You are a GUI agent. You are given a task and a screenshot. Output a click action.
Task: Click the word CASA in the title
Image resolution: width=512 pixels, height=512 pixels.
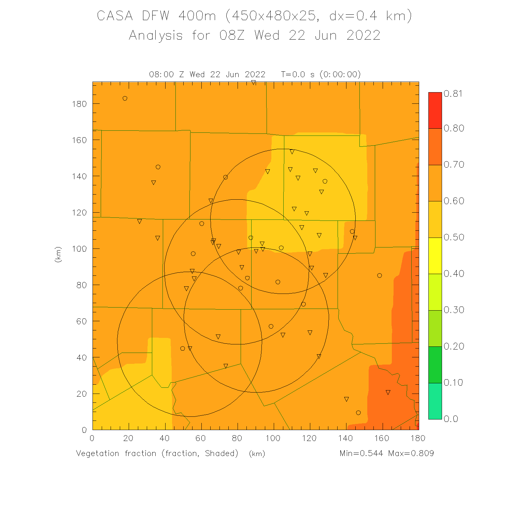tap(115, 16)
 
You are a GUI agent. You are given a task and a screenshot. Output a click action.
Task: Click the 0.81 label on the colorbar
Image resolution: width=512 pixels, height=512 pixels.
tap(453, 94)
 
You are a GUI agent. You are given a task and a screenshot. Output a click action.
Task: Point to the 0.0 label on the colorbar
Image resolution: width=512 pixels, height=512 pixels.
tap(451, 419)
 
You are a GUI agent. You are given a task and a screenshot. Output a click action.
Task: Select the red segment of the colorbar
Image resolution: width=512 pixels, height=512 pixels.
tap(435, 110)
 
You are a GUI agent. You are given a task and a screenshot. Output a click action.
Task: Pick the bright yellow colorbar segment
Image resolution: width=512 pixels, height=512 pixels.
tap(435, 256)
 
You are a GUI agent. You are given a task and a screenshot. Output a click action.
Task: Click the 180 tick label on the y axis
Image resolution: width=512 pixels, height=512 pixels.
tap(80, 104)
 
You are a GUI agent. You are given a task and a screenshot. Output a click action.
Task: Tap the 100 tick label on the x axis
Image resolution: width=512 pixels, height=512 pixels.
tap(273, 438)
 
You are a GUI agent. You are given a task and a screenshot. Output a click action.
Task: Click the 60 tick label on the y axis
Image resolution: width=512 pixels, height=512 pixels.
tap(82, 321)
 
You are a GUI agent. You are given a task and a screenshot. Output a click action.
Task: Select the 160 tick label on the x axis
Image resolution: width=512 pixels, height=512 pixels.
tap(382, 438)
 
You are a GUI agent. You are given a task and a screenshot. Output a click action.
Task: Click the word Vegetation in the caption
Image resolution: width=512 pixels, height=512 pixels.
tap(98, 453)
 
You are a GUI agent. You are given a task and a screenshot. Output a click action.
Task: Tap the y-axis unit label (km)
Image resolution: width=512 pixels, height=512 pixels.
tap(58, 254)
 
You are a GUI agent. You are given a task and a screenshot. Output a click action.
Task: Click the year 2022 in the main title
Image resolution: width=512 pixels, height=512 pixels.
tap(363, 35)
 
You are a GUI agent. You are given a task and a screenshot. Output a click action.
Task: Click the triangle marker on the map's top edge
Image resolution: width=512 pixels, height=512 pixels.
tap(253, 83)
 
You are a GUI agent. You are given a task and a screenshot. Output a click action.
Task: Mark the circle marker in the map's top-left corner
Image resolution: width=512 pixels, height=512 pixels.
tap(125, 99)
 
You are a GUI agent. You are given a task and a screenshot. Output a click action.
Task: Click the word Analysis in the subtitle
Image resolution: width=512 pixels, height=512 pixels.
tap(156, 35)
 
